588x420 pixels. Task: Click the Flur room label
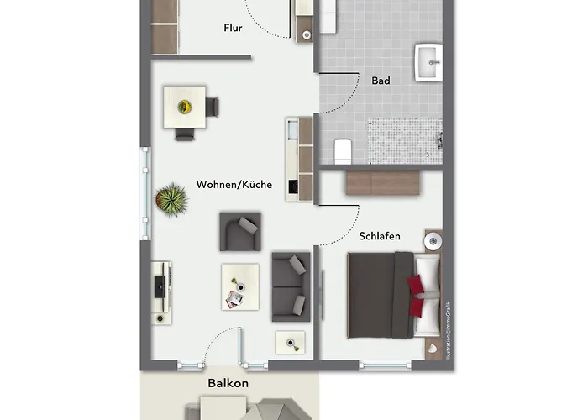234,28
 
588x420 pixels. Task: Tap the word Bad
381,81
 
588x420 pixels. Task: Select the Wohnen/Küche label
234,184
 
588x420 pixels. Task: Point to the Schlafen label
381,236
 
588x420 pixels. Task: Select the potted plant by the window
171,200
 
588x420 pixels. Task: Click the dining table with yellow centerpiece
185,108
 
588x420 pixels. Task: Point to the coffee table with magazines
239,287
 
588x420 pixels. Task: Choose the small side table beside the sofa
291,343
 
